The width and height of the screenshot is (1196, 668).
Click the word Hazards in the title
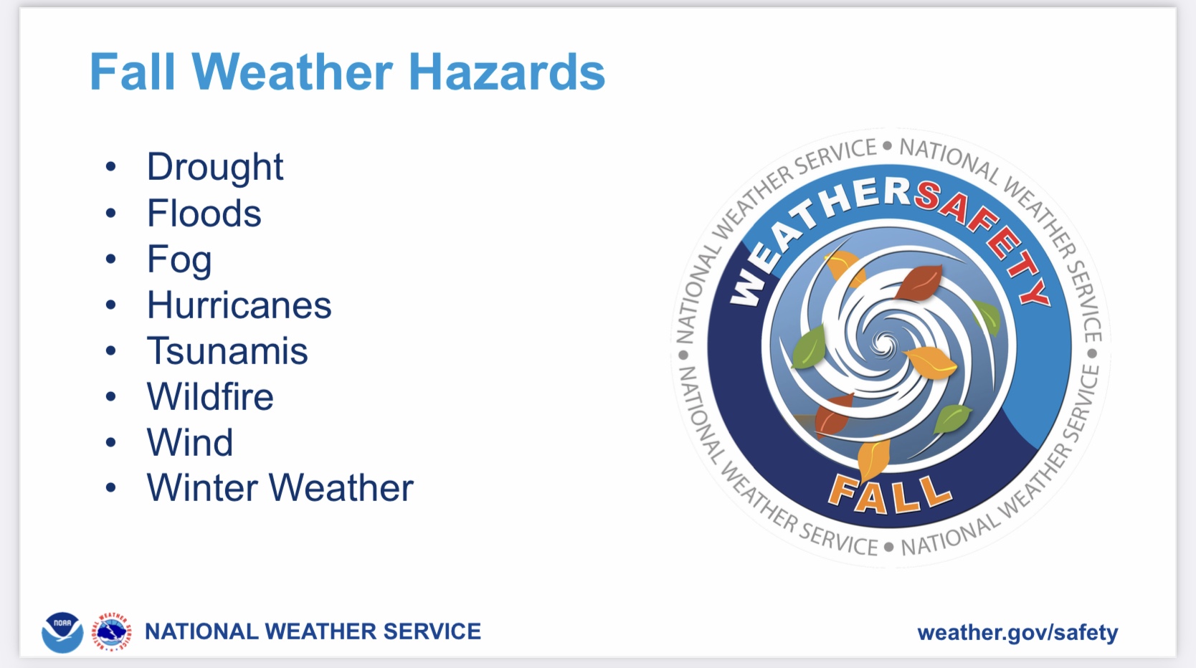[x=507, y=72]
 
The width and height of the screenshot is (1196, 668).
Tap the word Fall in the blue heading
[x=133, y=72]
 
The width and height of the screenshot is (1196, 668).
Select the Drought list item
[x=214, y=167]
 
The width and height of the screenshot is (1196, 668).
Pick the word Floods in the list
[x=204, y=213]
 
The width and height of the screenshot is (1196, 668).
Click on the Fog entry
[x=179, y=260]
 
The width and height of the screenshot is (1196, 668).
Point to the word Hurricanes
[x=239, y=305]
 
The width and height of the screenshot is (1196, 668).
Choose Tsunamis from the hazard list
[x=227, y=351]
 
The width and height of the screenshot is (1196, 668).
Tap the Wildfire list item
[x=210, y=397]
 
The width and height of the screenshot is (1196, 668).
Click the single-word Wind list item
[x=190, y=442]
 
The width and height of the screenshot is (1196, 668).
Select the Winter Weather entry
[x=280, y=487]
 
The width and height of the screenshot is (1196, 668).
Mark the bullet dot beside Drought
[x=110, y=166]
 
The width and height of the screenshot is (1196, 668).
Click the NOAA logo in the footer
[x=62, y=632]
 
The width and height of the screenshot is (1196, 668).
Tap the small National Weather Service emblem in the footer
[x=112, y=632]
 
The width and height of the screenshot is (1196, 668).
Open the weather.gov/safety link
[x=1017, y=633]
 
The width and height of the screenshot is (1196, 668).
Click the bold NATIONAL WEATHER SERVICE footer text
[x=313, y=631]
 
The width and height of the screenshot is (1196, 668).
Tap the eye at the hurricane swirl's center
[x=884, y=342]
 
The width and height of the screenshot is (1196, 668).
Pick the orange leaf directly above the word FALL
[x=873, y=459]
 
